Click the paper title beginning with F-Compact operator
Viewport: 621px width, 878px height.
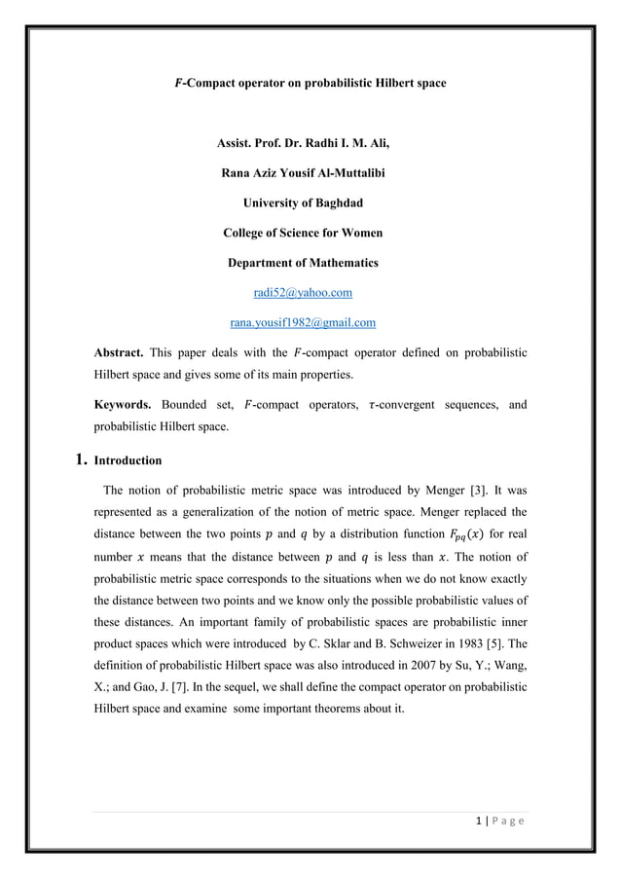310,84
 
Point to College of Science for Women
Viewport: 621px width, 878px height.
302,233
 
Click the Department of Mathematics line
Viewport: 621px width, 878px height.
302,263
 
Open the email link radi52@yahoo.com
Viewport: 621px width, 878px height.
302,292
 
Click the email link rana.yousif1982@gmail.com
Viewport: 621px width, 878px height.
302,321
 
